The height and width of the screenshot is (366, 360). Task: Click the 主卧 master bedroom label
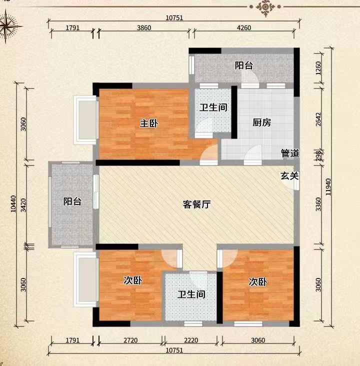pyautogui.click(x=148, y=123)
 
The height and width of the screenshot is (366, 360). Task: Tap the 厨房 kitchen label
pyautogui.click(x=261, y=122)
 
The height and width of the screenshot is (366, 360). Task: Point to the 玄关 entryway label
pyautogui.click(x=289, y=175)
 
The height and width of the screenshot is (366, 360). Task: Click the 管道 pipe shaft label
pyautogui.click(x=289, y=153)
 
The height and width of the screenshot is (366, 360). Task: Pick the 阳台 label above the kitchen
pyautogui.click(x=244, y=65)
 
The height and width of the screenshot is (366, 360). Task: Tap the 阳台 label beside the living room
pyautogui.click(x=72, y=201)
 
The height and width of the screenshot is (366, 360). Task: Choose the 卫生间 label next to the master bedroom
pyautogui.click(x=214, y=107)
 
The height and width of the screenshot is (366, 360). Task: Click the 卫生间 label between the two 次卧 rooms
pyautogui.click(x=191, y=294)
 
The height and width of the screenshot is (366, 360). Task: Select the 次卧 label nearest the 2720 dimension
pyautogui.click(x=133, y=280)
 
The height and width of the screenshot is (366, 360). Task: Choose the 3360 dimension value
pyautogui.click(x=319, y=204)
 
